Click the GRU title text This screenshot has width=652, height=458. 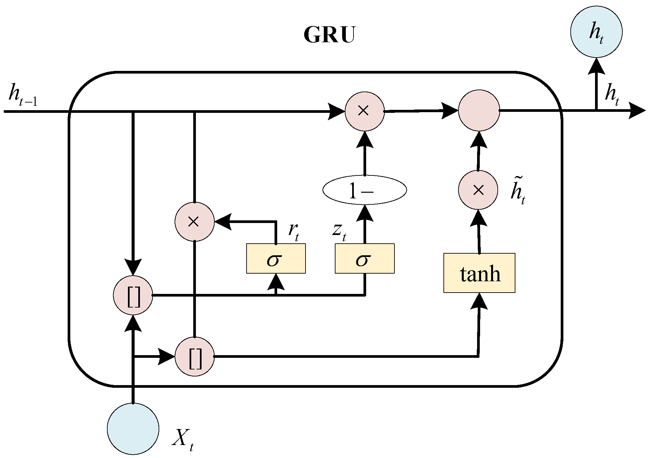tap(329, 35)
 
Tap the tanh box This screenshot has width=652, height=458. tap(479, 273)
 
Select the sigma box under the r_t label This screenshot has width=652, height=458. tap(276, 259)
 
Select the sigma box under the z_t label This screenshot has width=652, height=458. tap(364, 259)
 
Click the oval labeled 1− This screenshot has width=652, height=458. tap(364, 190)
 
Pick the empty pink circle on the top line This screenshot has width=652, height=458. tap(479, 111)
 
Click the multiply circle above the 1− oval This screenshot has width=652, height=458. tap(364, 111)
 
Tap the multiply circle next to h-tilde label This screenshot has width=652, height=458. tap(478, 190)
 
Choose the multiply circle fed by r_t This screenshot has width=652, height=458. tap(194, 222)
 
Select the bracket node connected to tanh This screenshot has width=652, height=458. tap(195, 356)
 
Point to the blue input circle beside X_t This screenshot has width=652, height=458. tap(133, 429)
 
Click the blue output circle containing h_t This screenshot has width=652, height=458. tap(596, 32)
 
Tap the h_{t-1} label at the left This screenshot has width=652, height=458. tap(23, 95)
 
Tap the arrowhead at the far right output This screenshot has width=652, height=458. tap(637, 111)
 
